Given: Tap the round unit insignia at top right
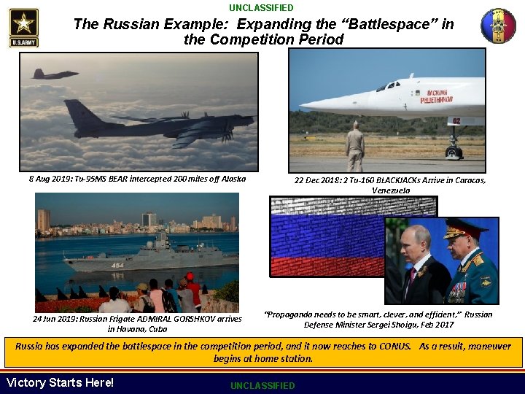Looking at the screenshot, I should click(498, 26).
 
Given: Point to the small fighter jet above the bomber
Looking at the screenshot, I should click(55, 74).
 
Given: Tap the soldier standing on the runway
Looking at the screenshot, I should click(354, 145).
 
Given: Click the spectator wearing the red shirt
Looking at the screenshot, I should click(193, 292).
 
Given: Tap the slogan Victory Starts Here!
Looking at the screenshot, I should click(60, 382).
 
